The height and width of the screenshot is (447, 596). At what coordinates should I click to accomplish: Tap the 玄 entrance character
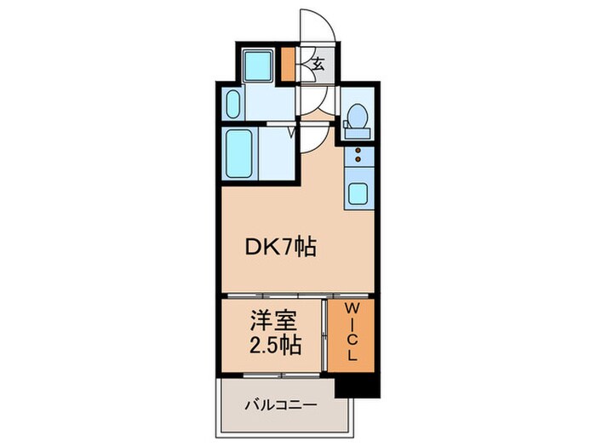318,63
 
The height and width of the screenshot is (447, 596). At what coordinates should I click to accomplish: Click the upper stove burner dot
357,150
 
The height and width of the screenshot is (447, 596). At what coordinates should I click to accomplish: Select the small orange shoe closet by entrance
289,64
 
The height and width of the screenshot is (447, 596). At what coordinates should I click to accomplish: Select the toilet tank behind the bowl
356,129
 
